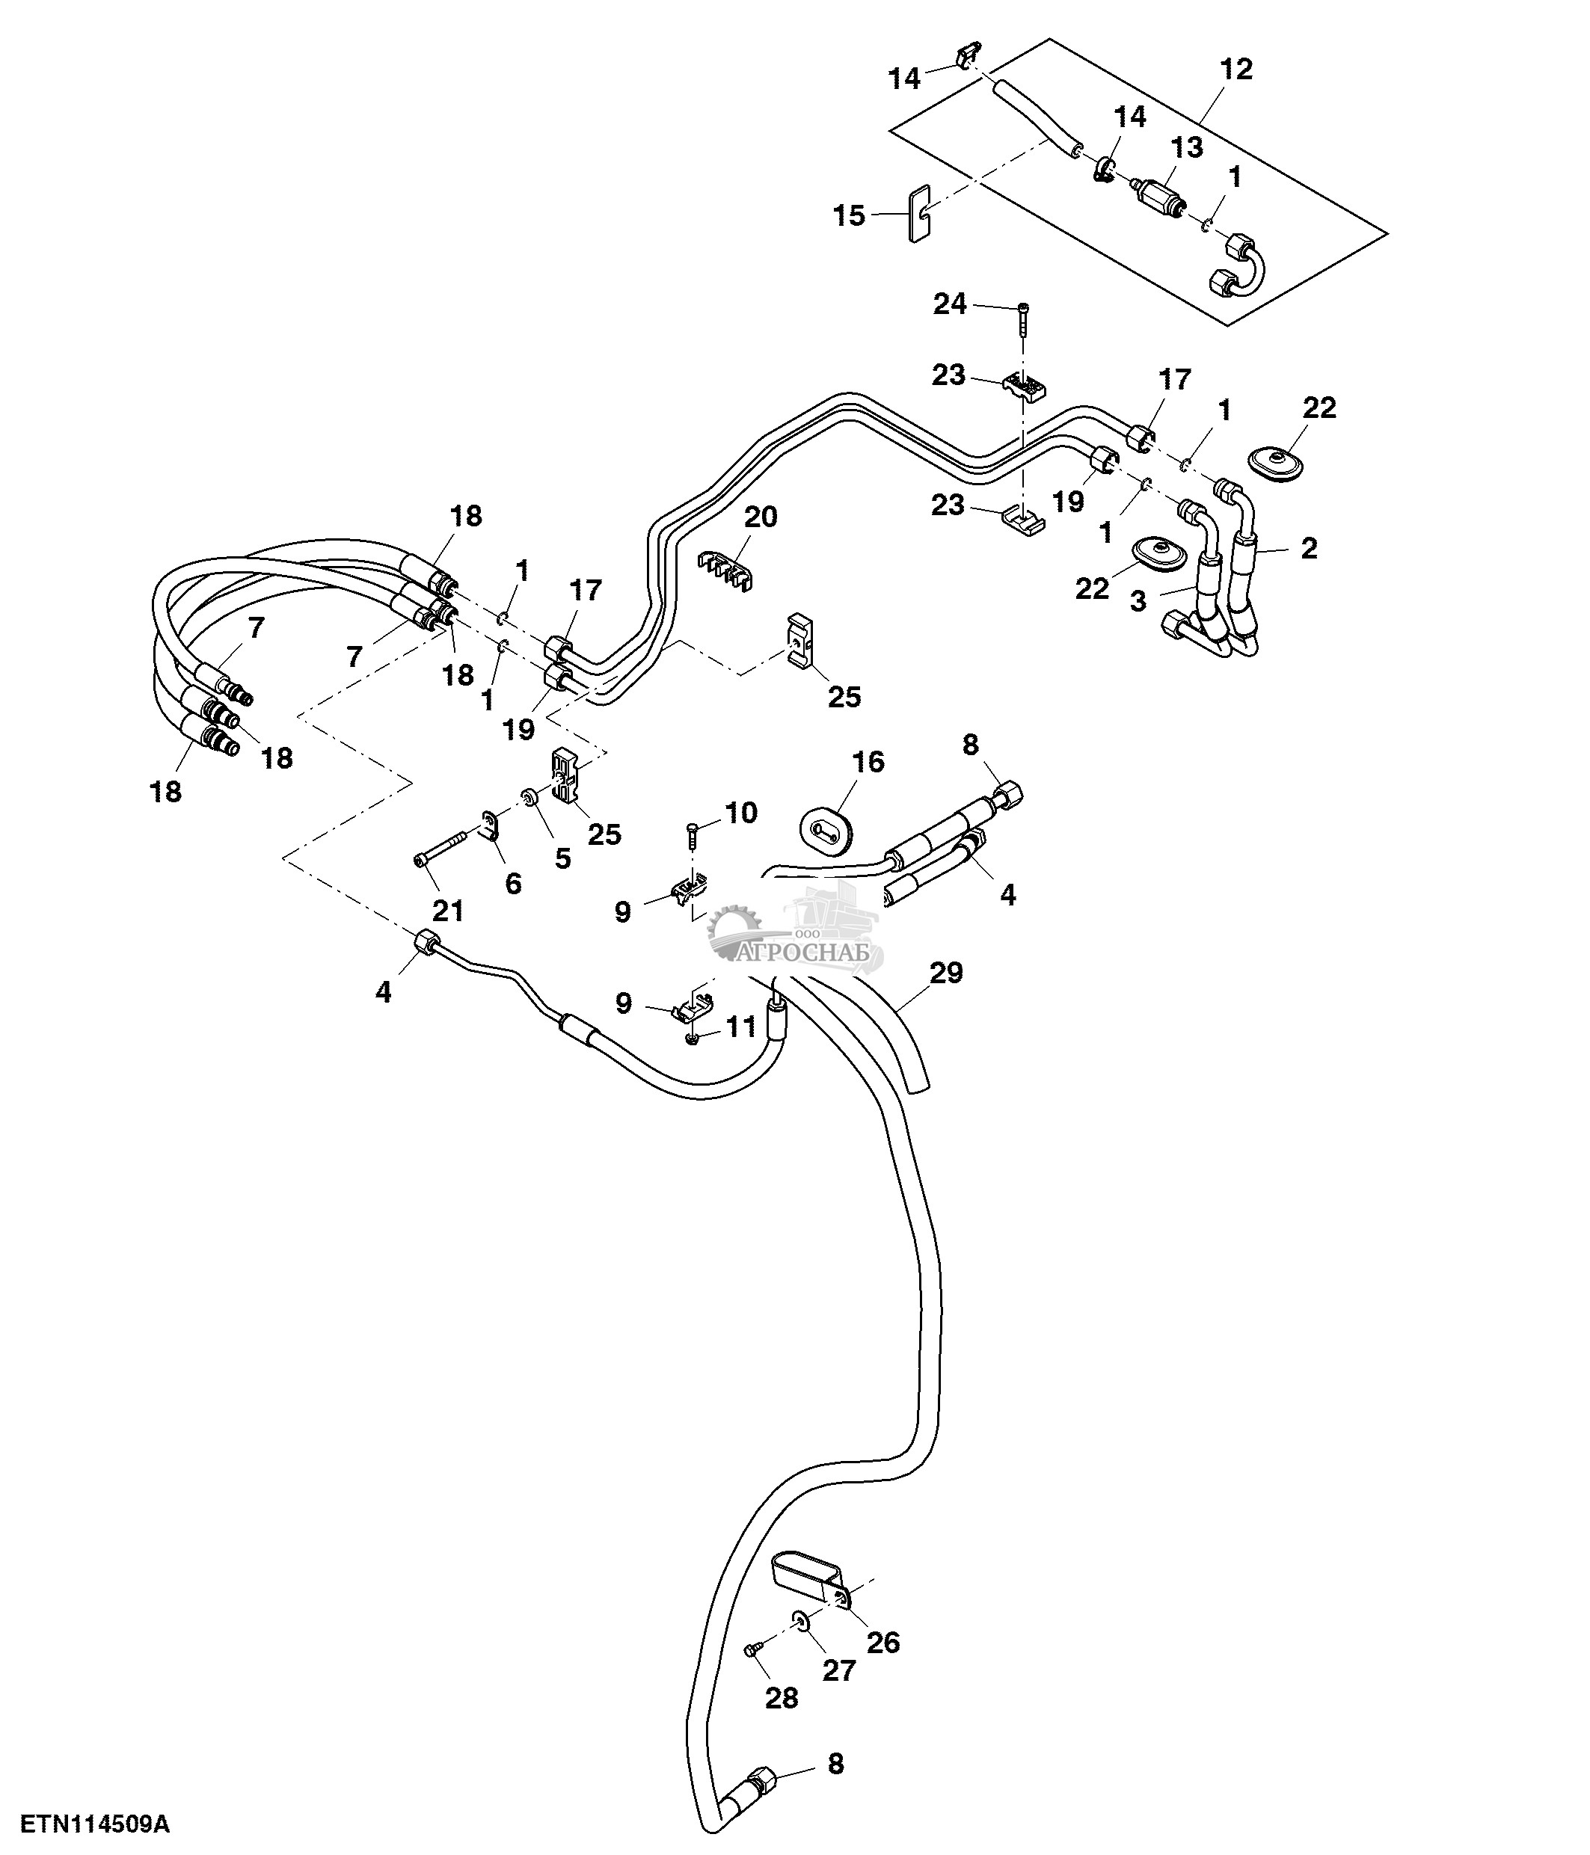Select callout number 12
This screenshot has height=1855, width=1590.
pyautogui.click(x=1236, y=70)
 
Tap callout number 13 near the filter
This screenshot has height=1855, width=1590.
pyautogui.click(x=1187, y=149)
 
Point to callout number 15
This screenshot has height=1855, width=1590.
pyautogui.click(x=850, y=216)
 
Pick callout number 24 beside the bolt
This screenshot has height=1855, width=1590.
pyautogui.click(x=950, y=305)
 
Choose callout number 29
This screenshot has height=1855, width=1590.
pyautogui.click(x=946, y=972)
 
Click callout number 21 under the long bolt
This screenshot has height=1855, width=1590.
pyautogui.click(x=448, y=911)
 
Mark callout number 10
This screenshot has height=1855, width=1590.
pyautogui.click(x=741, y=813)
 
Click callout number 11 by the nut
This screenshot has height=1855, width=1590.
pyautogui.click(x=741, y=1027)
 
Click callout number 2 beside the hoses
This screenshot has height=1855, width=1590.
pyautogui.click(x=1309, y=549)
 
